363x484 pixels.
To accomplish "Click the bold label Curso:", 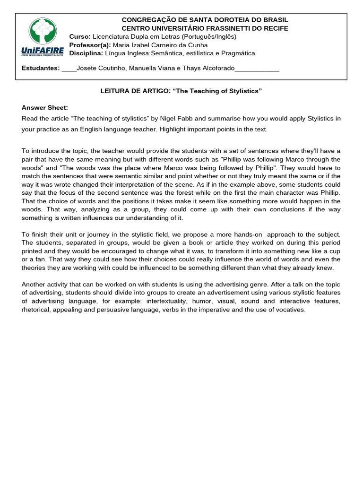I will tap(80, 36).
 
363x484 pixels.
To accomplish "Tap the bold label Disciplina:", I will tap(86, 53).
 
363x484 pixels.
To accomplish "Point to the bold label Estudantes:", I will tap(41, 69).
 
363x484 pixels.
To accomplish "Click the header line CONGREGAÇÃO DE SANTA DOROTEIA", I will tap(205, 20).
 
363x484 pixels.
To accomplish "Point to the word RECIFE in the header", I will tap(275, 28).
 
